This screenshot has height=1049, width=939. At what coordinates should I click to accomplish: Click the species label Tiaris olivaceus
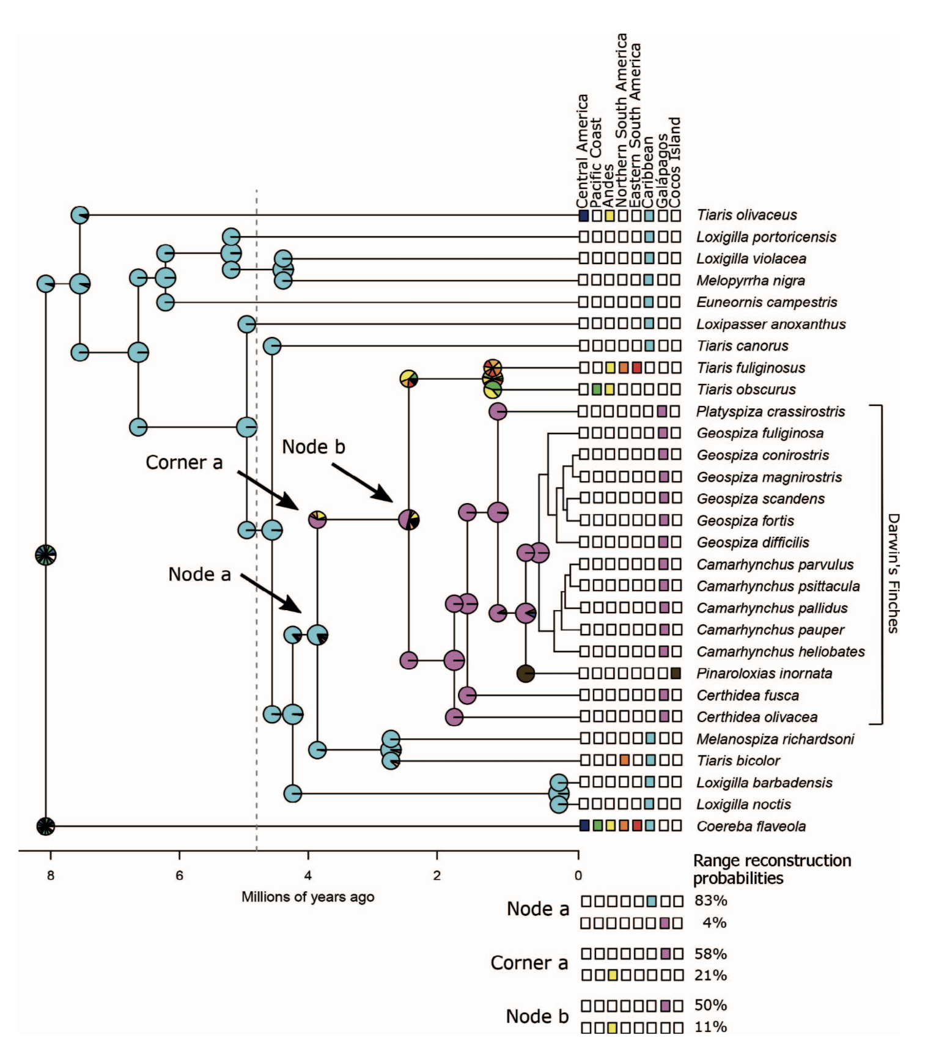click(x=746, y=215)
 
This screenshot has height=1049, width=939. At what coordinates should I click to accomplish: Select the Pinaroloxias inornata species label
click(x=764, y=674)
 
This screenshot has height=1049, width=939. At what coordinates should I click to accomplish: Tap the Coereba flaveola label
click(x=751, y=826)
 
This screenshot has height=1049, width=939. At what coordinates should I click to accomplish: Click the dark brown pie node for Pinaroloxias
click(x=526, y=674)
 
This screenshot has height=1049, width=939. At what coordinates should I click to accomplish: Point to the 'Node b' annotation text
click(x=313, y=447)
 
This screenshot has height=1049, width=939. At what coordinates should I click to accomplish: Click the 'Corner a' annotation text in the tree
click(x=183, y=463)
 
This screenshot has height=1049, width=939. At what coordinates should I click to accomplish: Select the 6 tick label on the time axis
click(x=179, y=875)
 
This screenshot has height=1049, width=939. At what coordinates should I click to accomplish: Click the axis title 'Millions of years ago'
click(x=307, y=897)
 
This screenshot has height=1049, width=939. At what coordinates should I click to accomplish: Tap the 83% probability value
click(x=710, y=900)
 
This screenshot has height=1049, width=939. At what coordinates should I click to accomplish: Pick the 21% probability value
click(x=710, y=976)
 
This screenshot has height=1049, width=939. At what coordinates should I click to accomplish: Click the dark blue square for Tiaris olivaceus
click(x=584, y=215)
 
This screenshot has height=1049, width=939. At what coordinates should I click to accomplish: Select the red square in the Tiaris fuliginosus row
click(x=636, y=367)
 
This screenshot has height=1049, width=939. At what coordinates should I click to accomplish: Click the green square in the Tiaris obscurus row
click(x=597, y=389)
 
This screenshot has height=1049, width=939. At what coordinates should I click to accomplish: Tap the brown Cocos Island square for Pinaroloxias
click(x=675, y=674)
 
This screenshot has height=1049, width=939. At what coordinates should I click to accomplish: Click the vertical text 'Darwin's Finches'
click(x=893, y=573)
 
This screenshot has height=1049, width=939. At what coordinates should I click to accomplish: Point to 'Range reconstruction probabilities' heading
click(x=771, y=869)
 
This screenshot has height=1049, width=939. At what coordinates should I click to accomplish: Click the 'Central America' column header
click(x=583, y=150)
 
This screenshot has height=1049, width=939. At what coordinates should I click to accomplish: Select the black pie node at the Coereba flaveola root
click(x=45, y=826)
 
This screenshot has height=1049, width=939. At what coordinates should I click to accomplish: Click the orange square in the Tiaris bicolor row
click(x=624, y=760)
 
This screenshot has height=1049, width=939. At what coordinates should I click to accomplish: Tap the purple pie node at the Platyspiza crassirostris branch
click(x=498, y=411)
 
